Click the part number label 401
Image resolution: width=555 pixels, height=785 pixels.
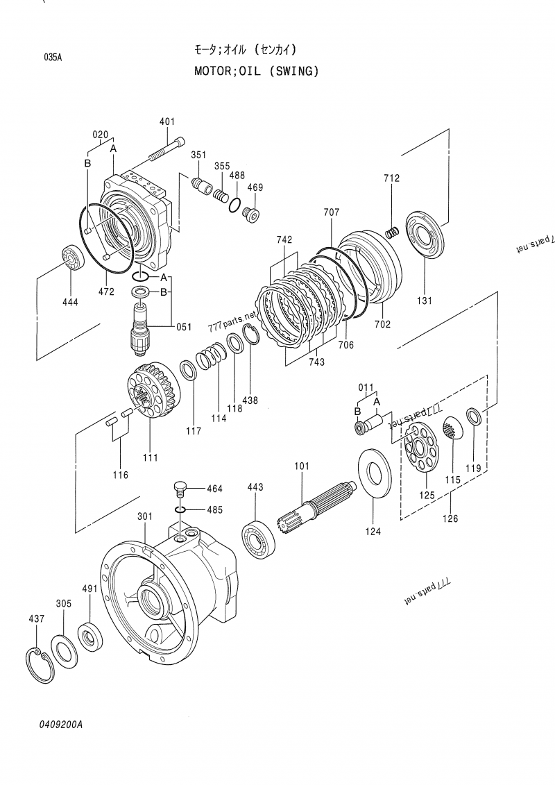click(167, 122)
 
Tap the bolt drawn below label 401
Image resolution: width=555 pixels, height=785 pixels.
click(166, 149)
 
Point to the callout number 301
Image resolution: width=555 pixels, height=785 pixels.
click(144, 516)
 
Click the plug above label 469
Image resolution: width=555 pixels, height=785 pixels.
click(251, 215)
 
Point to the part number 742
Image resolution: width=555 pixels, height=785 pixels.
click(284, 239)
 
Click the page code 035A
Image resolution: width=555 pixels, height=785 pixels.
click(53, 58)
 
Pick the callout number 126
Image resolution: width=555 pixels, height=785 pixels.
click(450, 517)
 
